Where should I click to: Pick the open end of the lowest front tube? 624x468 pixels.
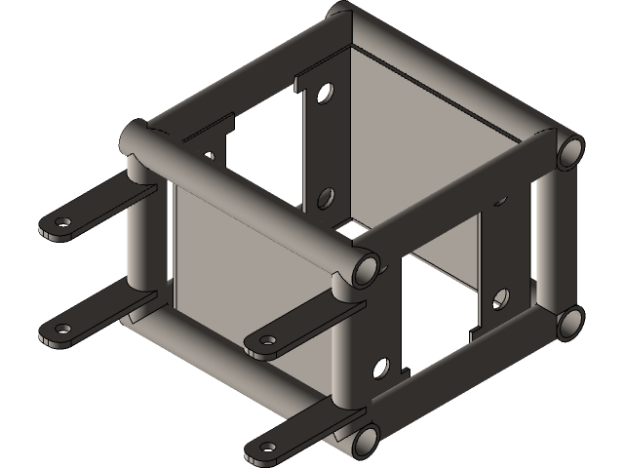(x=365, y=441)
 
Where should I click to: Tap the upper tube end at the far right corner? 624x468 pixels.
(x=569, y=152)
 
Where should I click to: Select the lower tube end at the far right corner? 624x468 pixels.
(x=568, y=324)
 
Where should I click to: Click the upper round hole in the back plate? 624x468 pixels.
(x=325, y=95)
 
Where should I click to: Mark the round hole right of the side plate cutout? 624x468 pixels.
(x=503, y=294)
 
